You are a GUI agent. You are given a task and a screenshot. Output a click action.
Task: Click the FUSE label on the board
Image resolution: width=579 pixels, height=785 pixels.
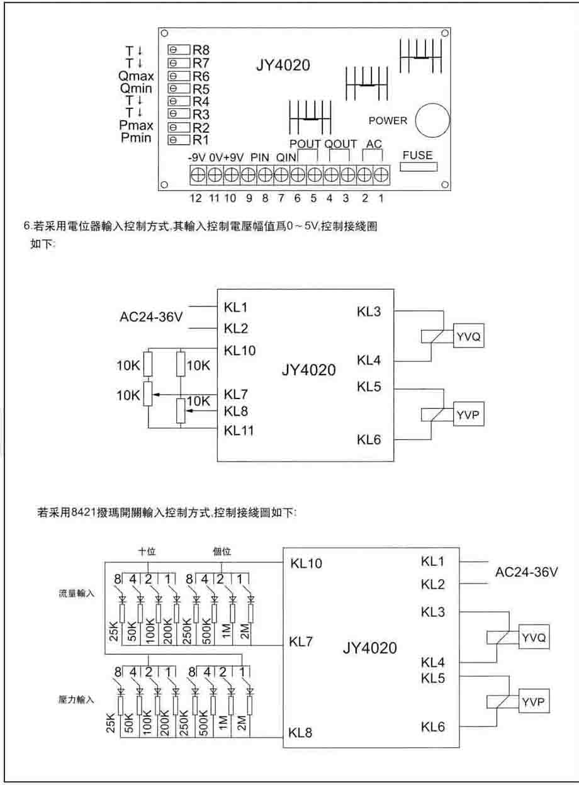(417, 155)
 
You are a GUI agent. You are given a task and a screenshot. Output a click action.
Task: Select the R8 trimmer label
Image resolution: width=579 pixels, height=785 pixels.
(201, 50)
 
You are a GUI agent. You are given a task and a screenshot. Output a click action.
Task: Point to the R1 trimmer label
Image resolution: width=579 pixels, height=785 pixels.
(201, 139)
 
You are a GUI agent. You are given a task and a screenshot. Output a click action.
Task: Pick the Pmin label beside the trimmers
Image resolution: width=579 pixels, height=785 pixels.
(136, 138)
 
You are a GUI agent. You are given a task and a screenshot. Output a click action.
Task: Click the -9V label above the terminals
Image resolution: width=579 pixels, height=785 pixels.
(198, 157)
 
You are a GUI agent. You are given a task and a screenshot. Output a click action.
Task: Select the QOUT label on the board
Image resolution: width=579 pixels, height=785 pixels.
(340, 144)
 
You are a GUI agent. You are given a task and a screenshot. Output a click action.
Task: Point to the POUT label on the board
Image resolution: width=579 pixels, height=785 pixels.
(305, 144)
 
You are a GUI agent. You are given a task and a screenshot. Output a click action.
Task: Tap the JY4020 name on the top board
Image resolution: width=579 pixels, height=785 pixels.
(283, 65)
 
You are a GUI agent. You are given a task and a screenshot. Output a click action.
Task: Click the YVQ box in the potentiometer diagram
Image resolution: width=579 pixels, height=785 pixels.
(469, 337)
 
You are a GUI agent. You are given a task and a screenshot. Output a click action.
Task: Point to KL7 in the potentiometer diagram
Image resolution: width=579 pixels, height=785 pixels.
(236, 395)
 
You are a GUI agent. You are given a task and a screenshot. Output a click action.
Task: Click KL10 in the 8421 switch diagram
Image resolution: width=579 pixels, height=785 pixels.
(306, 563)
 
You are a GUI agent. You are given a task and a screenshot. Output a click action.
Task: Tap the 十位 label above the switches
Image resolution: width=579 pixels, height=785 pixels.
(147, 551)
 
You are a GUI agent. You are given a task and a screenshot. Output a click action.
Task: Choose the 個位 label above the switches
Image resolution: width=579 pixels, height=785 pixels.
(222, 551)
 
